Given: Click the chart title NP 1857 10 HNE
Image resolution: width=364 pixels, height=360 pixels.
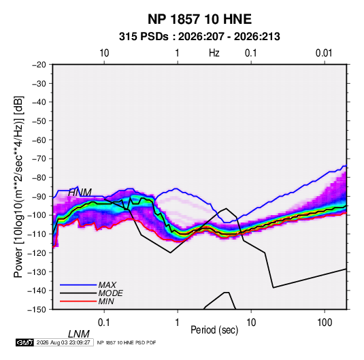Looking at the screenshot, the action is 199,19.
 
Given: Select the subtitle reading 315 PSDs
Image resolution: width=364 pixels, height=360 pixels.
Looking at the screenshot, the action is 144,37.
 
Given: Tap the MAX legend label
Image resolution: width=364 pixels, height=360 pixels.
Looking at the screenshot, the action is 107,285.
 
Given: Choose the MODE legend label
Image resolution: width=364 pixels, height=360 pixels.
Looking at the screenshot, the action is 110,293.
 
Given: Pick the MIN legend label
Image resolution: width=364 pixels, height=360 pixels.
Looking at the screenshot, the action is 106,301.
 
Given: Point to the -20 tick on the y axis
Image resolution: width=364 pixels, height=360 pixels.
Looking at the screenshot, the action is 39,65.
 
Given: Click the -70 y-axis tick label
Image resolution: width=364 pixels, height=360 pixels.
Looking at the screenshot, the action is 39,159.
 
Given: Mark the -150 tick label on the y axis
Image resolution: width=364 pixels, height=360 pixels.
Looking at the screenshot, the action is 37,310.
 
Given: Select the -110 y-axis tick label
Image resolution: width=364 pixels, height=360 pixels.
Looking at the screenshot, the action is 37,234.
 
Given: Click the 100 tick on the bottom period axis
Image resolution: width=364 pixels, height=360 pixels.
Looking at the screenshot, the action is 325,323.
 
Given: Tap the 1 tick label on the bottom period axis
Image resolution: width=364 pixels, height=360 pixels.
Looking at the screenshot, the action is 178,323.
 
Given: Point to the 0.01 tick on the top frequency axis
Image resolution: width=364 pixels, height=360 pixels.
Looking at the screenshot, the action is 324,53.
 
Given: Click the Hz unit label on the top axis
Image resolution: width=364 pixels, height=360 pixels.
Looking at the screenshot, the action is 214,53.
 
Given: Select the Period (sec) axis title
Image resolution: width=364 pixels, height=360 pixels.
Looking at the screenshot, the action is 214,330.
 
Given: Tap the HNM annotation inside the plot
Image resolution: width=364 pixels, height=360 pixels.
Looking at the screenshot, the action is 80,193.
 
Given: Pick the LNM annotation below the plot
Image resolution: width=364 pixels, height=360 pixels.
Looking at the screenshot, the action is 79,334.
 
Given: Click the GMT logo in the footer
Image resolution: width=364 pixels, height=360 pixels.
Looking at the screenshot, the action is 24,342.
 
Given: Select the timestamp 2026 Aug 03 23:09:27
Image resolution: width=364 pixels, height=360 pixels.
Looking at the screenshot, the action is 63,342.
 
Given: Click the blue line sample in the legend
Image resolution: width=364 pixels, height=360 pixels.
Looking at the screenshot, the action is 78,285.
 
